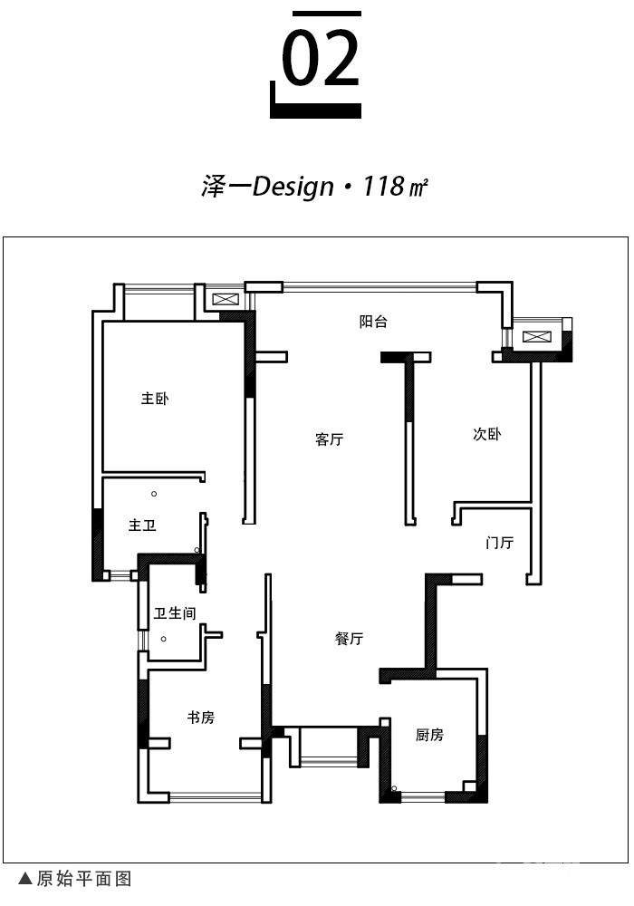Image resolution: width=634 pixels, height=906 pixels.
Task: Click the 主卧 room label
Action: coord(155,398)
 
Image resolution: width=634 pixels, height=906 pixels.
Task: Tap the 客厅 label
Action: coord(329,439)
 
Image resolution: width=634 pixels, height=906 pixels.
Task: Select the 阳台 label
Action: coord(373,322)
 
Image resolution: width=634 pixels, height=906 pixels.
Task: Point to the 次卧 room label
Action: coord(486,434)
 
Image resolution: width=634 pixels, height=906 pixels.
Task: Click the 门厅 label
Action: coord(499,543)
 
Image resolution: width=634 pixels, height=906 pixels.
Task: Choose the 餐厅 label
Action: coord(349,638)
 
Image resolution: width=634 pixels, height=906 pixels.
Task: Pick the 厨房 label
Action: coord(429,735)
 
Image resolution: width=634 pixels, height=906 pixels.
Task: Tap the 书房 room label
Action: coord(200,717)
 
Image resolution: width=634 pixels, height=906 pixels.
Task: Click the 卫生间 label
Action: coord(175,612)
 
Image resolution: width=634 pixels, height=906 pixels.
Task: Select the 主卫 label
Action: coord(142,525)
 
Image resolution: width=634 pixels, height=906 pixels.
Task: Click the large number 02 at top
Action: coord(321,58)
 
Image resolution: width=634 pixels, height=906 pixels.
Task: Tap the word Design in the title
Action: coord(293,187)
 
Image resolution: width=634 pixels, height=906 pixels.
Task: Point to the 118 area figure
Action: coord(383,186)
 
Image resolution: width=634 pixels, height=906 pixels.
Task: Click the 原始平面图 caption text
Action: coord(84,879)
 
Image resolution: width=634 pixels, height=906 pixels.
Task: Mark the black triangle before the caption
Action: coord(25,879)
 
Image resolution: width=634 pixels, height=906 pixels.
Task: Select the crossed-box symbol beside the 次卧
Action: coord(536,336)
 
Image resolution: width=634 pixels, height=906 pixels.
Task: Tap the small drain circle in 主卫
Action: coord(154,494)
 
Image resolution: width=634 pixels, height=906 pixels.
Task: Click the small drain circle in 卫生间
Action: coord(163,639)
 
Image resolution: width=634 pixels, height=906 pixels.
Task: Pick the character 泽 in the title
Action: coord(212,187)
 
